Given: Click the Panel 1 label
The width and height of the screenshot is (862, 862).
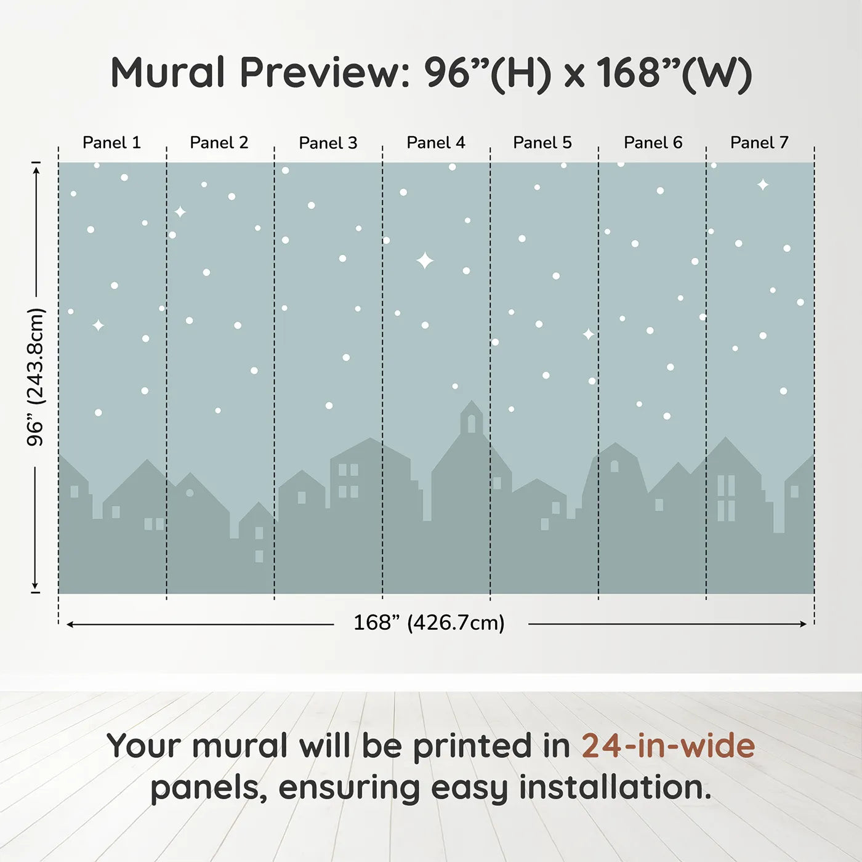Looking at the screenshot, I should [111, 143].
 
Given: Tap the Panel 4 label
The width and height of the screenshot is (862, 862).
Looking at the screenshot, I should [435, 143].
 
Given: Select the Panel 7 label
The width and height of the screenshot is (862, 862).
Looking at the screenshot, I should [759, 143].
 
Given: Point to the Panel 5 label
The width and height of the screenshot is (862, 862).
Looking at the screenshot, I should [542, 143].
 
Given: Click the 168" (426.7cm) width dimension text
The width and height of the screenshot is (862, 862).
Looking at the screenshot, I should [429, 623].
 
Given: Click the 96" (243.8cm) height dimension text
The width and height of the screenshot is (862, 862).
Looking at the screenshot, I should [36, 377].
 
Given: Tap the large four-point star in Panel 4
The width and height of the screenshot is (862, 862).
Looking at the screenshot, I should [425, 261].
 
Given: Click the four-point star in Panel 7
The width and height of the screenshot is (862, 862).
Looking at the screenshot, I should [763, 185].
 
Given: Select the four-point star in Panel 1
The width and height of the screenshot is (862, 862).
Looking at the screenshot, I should [98, 325].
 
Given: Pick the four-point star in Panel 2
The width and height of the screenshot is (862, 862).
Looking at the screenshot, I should [180, 212].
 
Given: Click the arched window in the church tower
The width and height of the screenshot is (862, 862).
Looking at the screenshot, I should [472, 423].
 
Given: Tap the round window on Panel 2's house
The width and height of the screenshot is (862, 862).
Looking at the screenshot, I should [190, 493].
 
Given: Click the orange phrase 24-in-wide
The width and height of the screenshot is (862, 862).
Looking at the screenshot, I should [668, 746].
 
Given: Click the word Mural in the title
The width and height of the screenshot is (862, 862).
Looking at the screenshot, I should [167, 73].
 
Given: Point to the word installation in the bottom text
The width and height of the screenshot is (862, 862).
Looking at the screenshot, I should [614, 787].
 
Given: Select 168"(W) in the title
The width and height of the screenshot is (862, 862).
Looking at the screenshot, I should [674, 74].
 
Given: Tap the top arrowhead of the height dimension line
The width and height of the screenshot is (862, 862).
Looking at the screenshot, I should [36, 168].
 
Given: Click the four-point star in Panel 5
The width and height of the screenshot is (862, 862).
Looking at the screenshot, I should [589, 334].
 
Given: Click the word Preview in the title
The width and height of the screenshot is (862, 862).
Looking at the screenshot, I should [324, 73].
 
